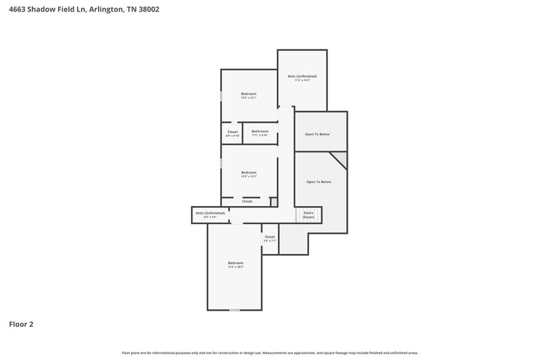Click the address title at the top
click(x=84, y=10)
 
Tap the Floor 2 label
click(x=21, y=324)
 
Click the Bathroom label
click(x=260, y=132)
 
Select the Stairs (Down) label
click(x=308, y=215)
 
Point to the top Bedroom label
click(x=249, y=95)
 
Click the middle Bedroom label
click(x=249, y=174)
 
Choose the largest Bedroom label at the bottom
click(x=235, y=264)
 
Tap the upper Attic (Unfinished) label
click(x=302, y=78)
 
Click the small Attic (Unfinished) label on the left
click(x=210, y=215)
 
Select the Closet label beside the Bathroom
click(x=232, y=133)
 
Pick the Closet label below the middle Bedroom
click(x=247, y=201)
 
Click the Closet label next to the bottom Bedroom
click(x=270, y=238)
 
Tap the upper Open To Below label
click(x=317, y=134)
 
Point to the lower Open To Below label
click(x=319, y=182)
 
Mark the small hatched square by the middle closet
click(x=273, y=201)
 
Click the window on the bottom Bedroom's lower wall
click(x=234, y=310)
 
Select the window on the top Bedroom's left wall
click(x=221, y=97)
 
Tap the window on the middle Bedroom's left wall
click(x=221, y=164)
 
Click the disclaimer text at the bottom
click(x=270, y=353)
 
